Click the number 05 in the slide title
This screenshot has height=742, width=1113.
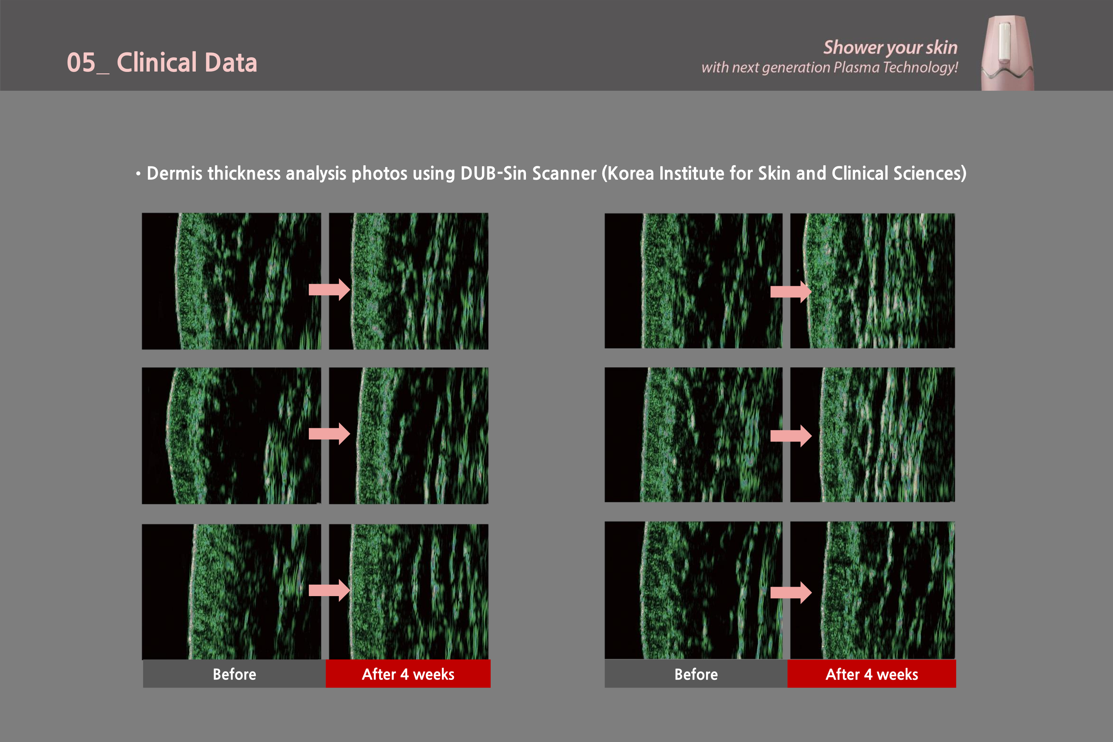(81, 62)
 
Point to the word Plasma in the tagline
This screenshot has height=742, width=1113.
(856, 67)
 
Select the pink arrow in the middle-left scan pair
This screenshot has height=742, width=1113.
(329, 433)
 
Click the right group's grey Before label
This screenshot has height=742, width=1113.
(696, 674)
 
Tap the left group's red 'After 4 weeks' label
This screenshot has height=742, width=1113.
(408, 674)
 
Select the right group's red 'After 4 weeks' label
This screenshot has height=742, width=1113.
(872, 674)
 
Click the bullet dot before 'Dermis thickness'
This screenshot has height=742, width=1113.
(138, 174)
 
